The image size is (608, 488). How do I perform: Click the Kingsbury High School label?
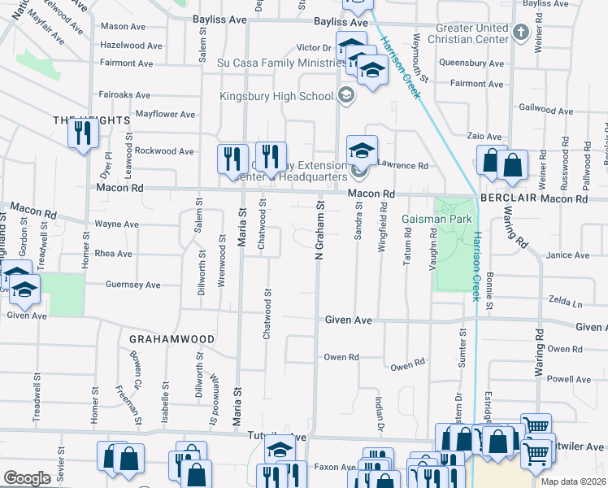click(276, 97)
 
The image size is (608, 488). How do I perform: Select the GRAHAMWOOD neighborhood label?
click(172, 338)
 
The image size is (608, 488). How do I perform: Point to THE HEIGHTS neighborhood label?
click(92, 120)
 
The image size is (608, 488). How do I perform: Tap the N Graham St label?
click(319, 233)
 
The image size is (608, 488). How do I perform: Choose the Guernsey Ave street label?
click(133, 285)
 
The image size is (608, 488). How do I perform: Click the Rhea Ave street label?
click(114, 254)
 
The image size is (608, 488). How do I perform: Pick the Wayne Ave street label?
click(117, 224)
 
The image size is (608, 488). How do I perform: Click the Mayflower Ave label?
click(166, 114)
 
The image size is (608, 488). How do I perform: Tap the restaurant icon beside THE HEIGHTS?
click(81, 133)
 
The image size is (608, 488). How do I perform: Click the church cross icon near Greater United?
click(521, 33)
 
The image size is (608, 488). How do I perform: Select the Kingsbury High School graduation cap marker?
click(345, 97)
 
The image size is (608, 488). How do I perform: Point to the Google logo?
click(26, 478)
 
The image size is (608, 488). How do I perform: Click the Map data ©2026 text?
click(573, 481)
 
